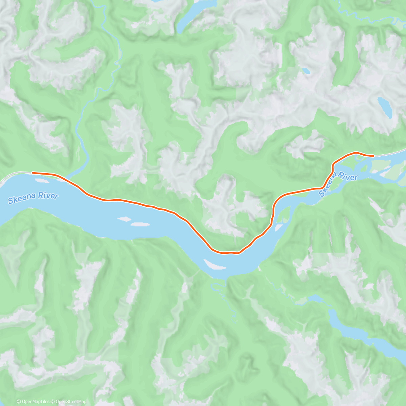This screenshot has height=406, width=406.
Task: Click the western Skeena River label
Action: (x=33, y=198)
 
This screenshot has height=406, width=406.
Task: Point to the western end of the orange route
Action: (x=32, y=173)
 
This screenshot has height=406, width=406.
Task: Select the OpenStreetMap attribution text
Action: (x=70, y=402)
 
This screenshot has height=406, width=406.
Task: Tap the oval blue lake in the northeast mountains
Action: (x=385, y=107)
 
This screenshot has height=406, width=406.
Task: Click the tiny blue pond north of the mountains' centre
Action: (x=306, y=71)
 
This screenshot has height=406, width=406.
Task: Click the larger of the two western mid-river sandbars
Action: (x=140, y=224)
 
